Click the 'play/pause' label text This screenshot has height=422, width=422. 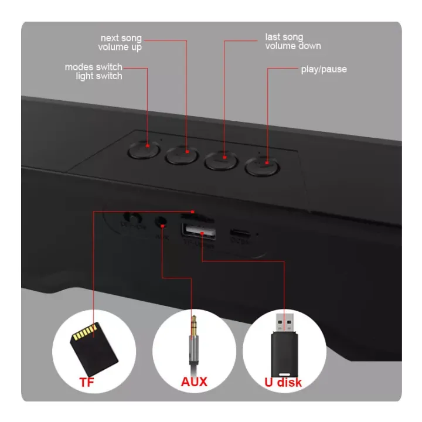point(324,69)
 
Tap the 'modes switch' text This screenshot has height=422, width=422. point(93,67)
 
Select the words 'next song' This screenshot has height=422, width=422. point(121,39)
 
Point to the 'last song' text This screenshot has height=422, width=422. point(284,37)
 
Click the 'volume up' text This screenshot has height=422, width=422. point(120,47)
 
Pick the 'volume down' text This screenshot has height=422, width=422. point(293,46)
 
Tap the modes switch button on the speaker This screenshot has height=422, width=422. point(143,150)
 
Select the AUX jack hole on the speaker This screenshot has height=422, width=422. point(161,223)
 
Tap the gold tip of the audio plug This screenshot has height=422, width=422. point(193,326)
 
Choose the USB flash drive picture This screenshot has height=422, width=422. point(284,346)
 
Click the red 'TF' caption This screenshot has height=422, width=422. point(88,383)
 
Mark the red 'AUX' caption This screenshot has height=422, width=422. point(193,383)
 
